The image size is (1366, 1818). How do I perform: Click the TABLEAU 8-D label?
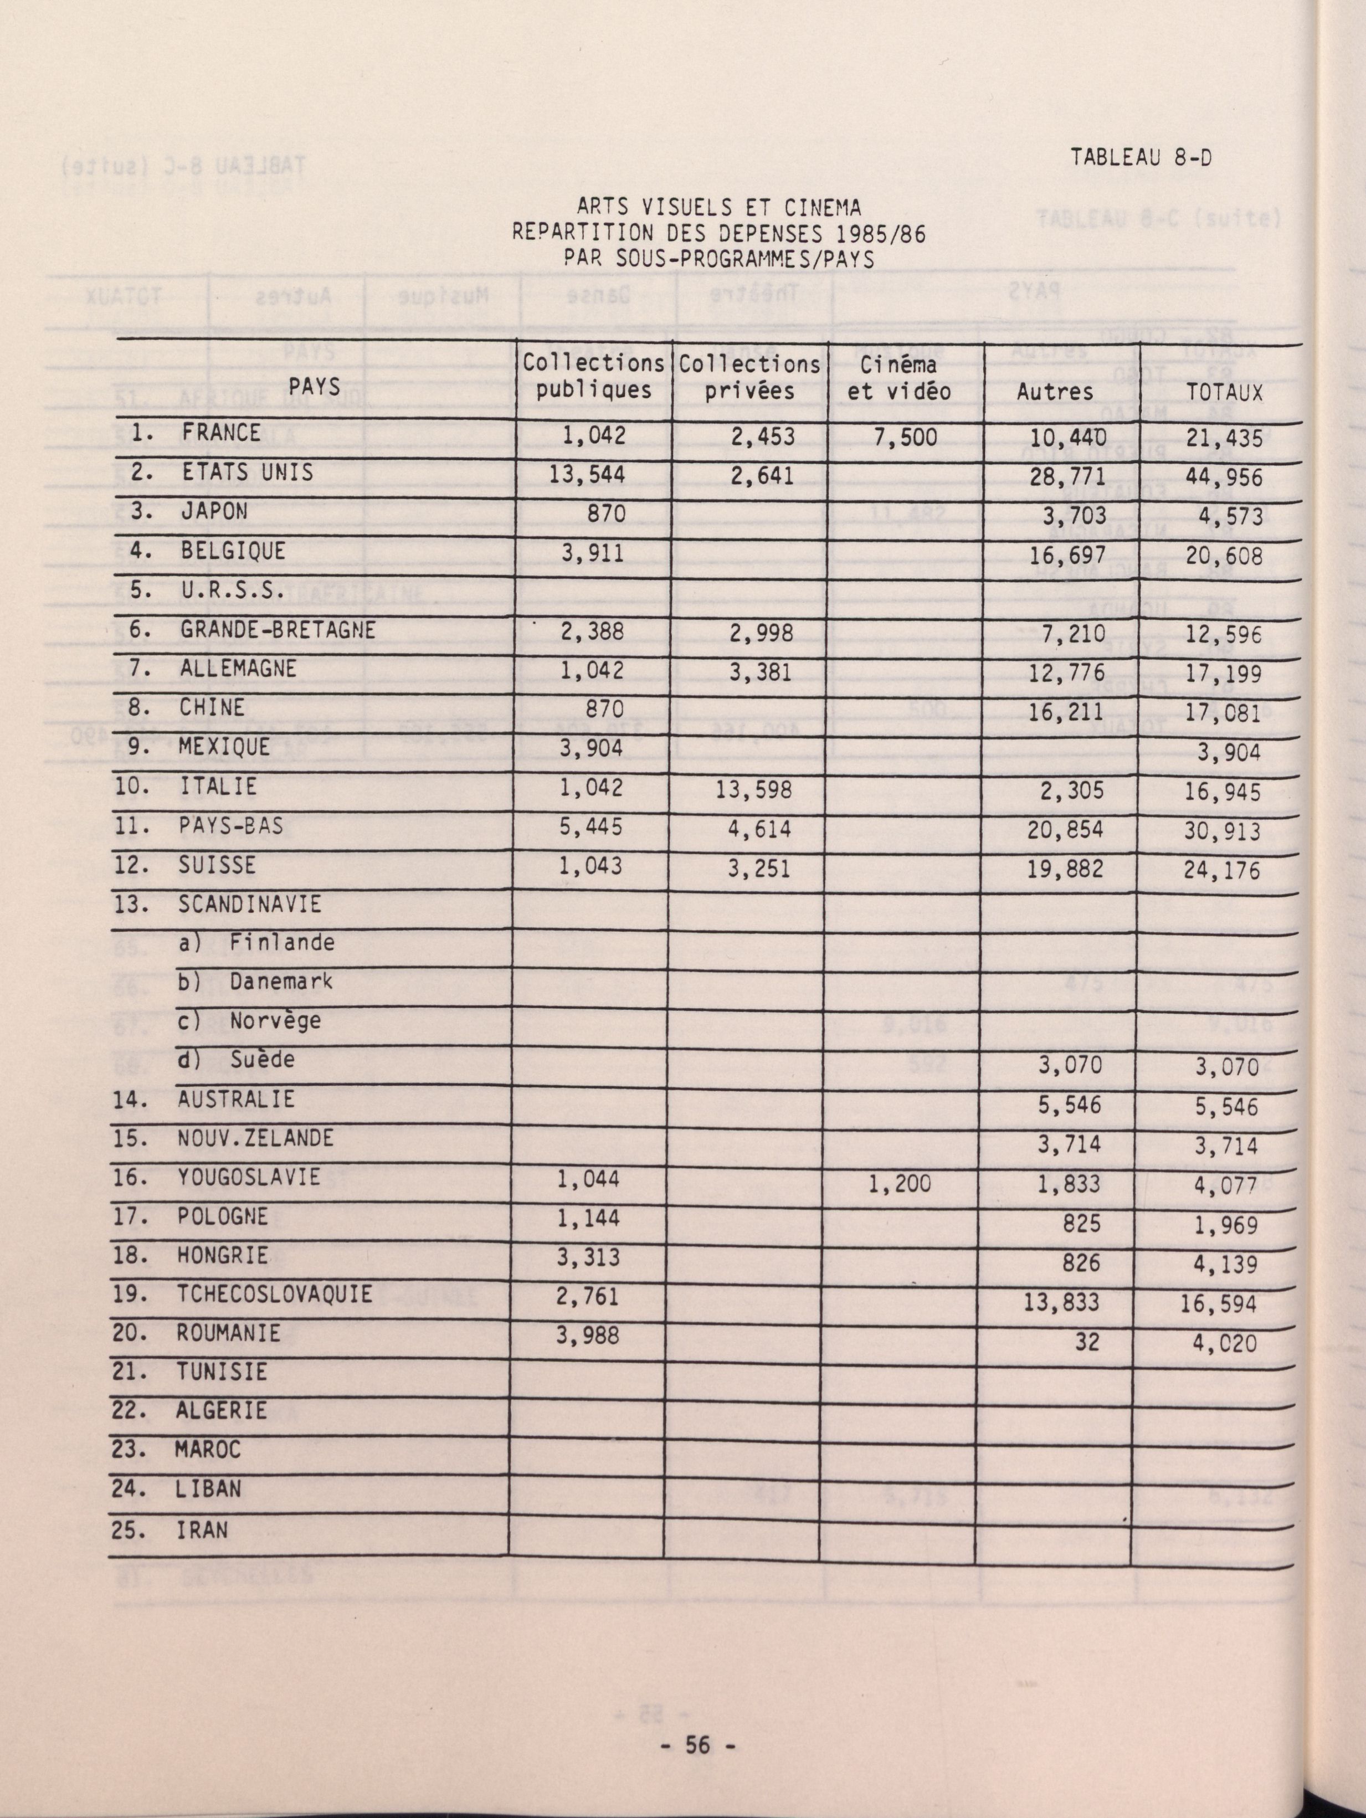point(1141,158)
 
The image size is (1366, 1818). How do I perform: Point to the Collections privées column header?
point(749,377)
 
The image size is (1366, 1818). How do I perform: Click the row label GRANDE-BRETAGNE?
point(278,630)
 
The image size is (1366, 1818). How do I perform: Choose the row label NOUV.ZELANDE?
point(255,1138)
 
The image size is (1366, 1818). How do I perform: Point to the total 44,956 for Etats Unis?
point(1223,477)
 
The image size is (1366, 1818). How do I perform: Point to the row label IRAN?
point(202,1531)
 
